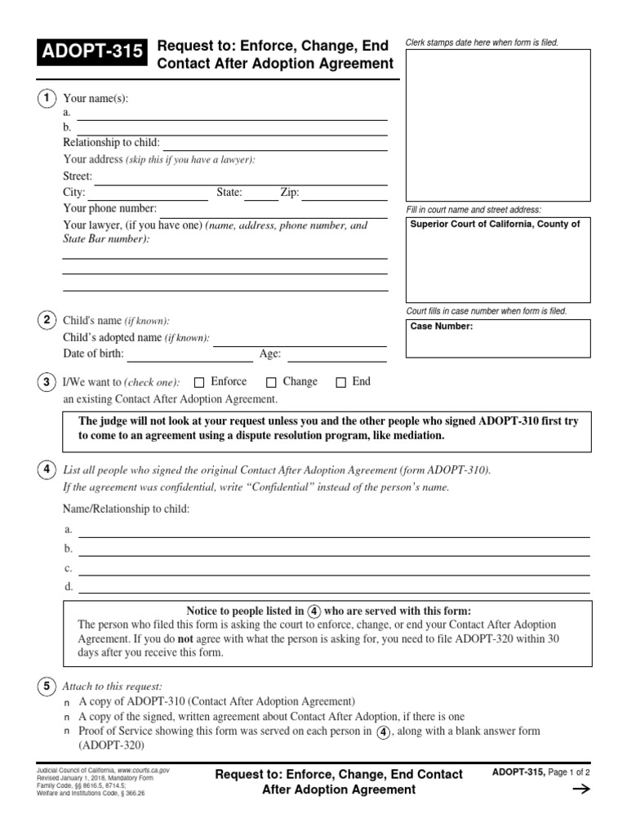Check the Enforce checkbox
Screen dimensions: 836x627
pyautogui.click(x=199, y=382)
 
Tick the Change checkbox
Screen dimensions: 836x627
pyautogui.click(x=272, y=382)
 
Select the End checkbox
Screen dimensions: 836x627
pyautogui.click(x=341, y=382)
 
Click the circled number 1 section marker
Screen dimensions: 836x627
pyautogui.click(x=47, y=98)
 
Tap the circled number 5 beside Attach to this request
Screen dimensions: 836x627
pyautogui.click(x=47, y=685)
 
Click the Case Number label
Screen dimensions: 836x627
pyautogui.click(x=441, y=327)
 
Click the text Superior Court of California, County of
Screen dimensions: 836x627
pyautogui.click(x=495, y=225)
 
